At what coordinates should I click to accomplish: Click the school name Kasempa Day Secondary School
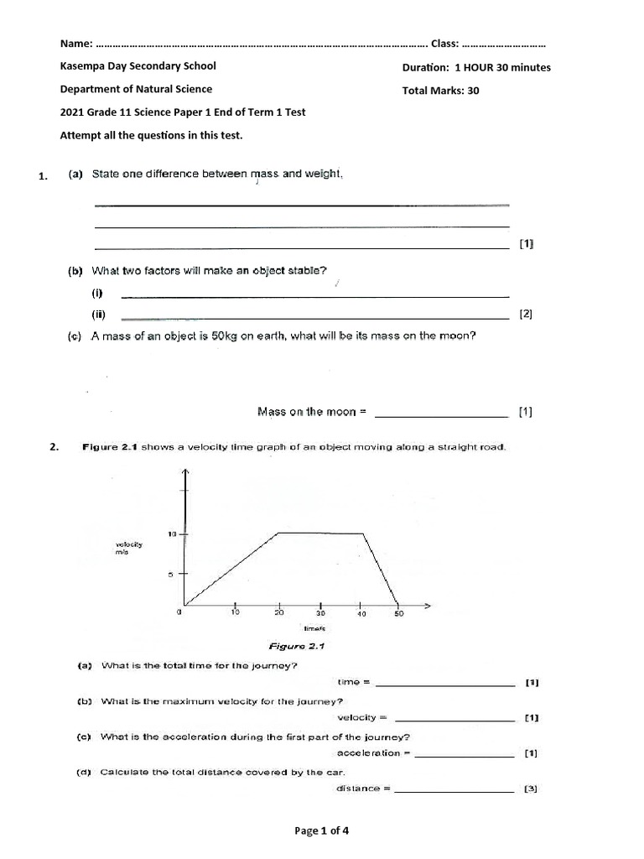tap(138, 66)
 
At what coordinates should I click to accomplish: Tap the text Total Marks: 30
tap(440, 91)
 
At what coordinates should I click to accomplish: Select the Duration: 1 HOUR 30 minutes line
tap(476, 68)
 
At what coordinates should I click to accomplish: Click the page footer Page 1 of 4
tap(321, 831)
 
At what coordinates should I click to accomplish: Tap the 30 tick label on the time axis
tap(319, 613)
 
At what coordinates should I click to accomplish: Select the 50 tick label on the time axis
tap(399, 613)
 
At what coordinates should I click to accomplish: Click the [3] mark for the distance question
tap(530, 789)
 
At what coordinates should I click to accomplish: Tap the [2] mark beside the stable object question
tap(526, 315)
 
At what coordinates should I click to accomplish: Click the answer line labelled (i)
tap(315, 294)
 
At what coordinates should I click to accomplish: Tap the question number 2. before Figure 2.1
tap(55, 447)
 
